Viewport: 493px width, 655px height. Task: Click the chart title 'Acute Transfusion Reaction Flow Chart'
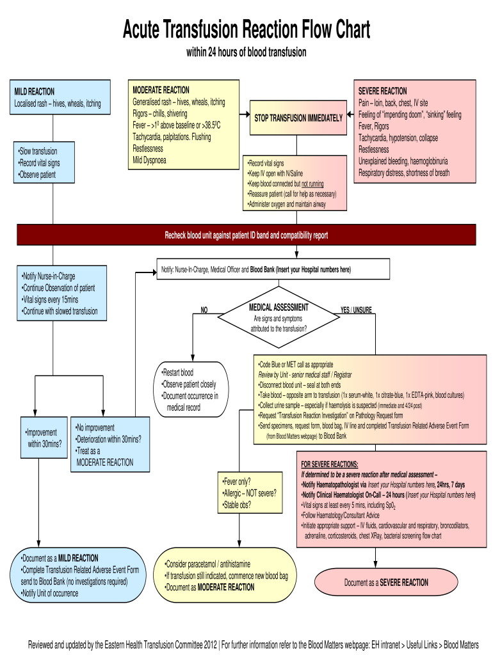click(247, 29)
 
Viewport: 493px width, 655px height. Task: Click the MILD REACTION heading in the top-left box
click(35, 91)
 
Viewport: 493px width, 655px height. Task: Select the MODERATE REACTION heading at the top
click(161, 90)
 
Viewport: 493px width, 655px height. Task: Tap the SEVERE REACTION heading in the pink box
click(382, 91)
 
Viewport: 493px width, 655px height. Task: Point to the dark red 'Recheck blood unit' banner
click(247, 235)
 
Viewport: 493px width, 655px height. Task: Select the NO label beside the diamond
click(204, 310)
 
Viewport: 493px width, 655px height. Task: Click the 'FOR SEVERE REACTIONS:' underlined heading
click(330, 464)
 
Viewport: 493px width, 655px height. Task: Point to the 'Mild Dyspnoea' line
click(149, 160)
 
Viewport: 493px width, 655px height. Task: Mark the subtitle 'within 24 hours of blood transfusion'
click(247, 52)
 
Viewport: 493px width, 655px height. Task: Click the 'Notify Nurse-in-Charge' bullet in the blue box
click(49, 276)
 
